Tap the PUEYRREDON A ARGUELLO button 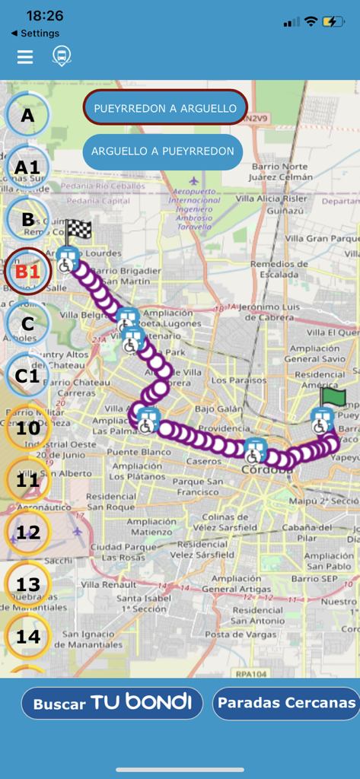click(165, 109)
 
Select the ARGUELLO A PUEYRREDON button click(162, 151)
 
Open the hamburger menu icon click(25, 57)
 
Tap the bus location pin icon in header click(61, 56)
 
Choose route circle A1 click(27, 167)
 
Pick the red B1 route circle click(27, 272)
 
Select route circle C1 click(27, 376)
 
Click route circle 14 click(28, 636)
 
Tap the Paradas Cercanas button click(286, 703)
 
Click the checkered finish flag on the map click(78, 231)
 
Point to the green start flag click(333, 397)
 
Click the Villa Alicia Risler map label click(271, 198)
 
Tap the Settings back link click(36, 33)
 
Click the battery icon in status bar click(333, 22)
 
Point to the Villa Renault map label click(108, 584)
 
